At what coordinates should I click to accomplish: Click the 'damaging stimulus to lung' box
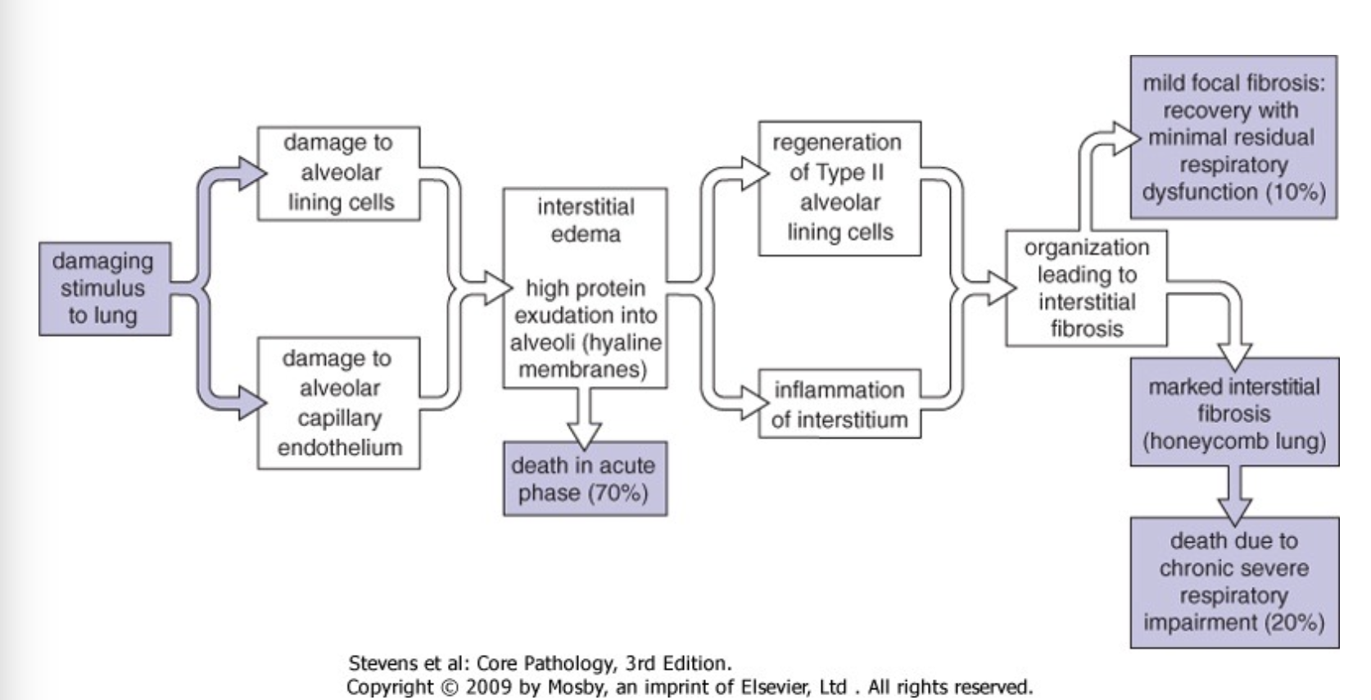104,289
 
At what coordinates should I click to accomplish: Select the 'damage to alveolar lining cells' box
338,173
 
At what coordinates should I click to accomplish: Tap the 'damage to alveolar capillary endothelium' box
338,403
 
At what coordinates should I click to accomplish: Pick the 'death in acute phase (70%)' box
585,479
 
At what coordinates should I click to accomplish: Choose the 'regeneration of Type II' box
839,188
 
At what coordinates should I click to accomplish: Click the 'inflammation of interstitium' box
839,404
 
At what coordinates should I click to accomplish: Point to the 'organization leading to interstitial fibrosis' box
1086,288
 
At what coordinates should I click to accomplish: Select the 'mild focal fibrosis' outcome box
1233,137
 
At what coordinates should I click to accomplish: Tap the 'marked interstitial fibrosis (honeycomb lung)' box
1234,412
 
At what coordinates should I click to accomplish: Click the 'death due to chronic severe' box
1234,582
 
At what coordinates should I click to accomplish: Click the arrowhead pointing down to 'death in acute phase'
585,431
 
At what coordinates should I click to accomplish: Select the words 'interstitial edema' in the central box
586,220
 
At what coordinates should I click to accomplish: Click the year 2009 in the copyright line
490,686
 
